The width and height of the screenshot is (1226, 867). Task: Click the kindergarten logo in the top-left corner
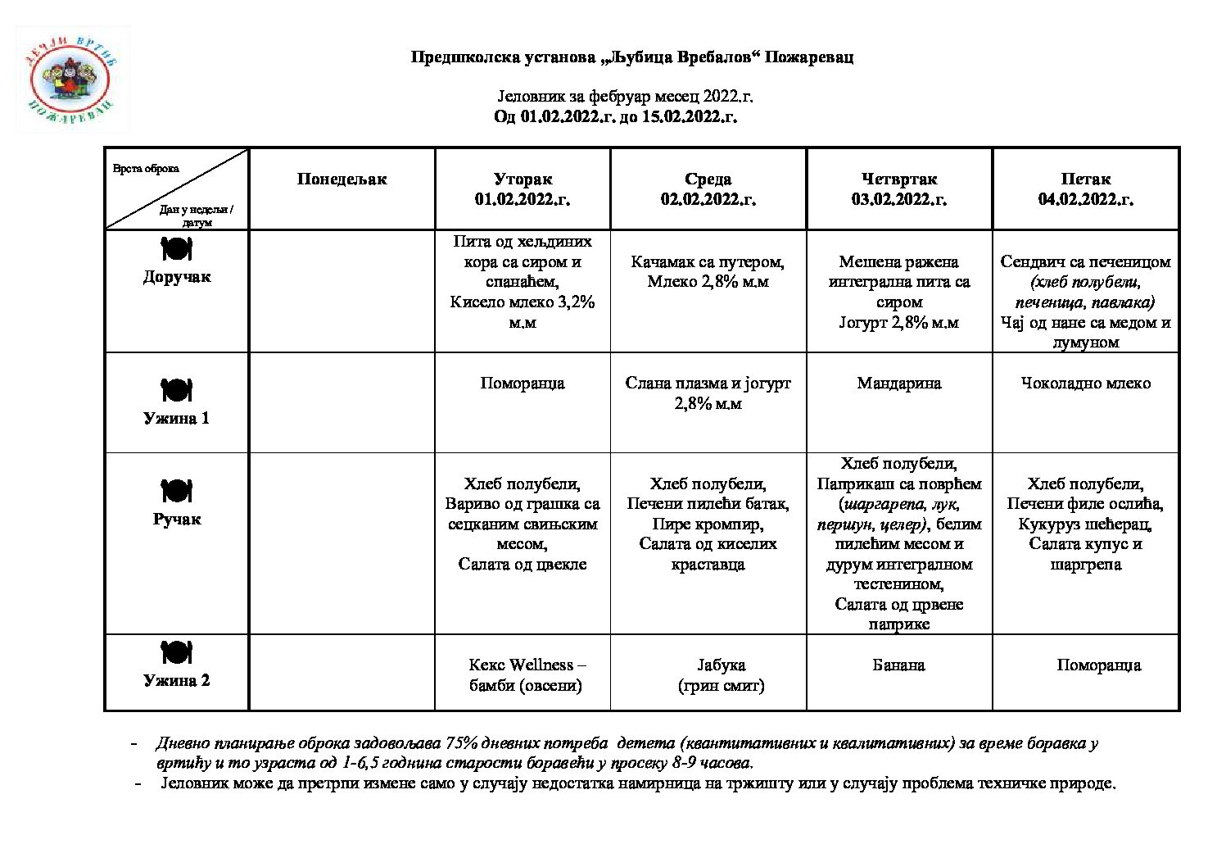pyautogui.click(x=72, y=79)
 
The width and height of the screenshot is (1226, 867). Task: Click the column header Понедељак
pyautogui.click(x=342, y=179)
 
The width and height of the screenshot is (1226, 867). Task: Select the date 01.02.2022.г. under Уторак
pyautogui.click(x=523, y=199)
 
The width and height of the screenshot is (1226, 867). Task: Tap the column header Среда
pyautogui.click(x=708, y=179)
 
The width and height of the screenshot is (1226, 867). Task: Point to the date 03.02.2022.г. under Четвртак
pyautogui.click(x=898, y=199)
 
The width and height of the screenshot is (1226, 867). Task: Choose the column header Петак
pyautogui.click(x=1085, y=179)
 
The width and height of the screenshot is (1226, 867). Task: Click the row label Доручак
pyautogui.click(x=177, y=277)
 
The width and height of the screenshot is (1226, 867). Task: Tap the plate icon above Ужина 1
pyautogui.click(x=176, y=390)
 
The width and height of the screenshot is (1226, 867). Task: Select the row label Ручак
pyautogui.click(x=177, y=519)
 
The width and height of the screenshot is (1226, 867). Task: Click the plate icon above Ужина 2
pyautogui.click(x=176, y=653)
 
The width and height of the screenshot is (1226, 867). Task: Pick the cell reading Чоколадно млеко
pyautogui.click(x=1085, y=383)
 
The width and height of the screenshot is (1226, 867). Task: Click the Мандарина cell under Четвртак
pyautogui.click(x=898, y=383)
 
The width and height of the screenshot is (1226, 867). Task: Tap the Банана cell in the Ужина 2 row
pyautogui.click(x=898, y=665)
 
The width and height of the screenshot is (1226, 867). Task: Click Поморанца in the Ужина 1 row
pyautogui.click(x=523, y=383)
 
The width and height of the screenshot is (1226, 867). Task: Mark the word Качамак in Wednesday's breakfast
pyautogui.click(x=663, y=262)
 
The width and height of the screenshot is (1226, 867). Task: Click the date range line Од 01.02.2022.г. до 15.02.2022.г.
pyautogui.click(x=615, y=116)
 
